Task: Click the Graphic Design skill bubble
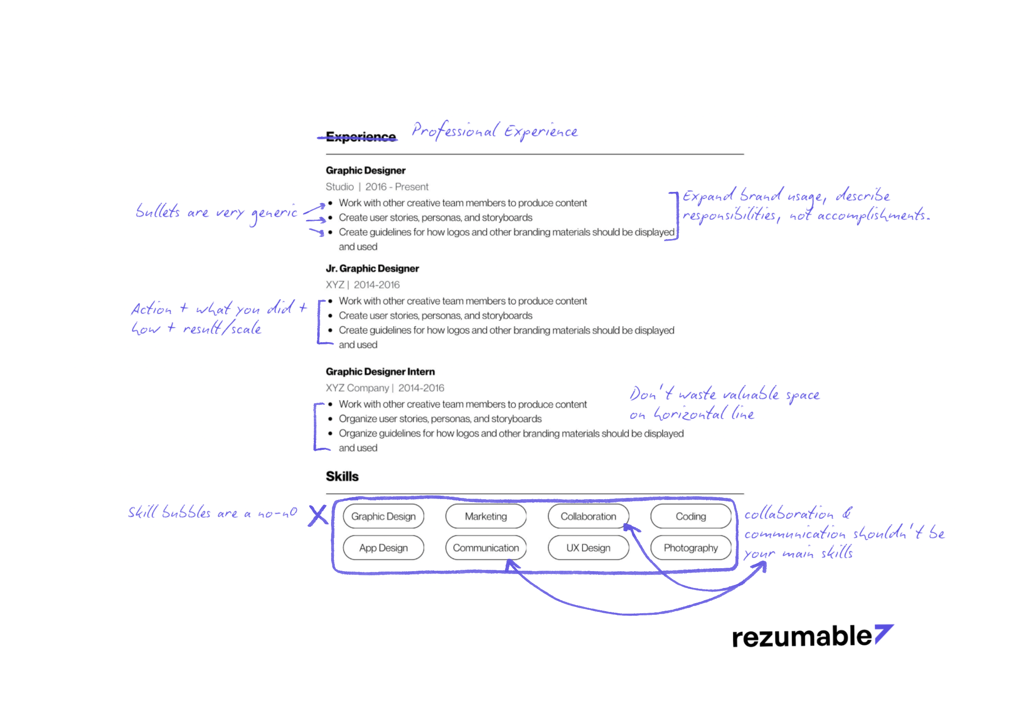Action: [x=383, y=516]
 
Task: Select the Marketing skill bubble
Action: [x=486, y=516]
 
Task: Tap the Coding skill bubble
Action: [x=691, y=516]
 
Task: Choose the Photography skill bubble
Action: [x=691, y=548]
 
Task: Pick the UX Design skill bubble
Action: [x=588, y=548]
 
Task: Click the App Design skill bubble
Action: [x=383, y=548]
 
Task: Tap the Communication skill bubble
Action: [x=486, y=548]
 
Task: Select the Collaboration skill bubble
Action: [x=588, y=516]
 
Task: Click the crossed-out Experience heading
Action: [x=361, y=137]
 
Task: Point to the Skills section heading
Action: [x=342, y=476]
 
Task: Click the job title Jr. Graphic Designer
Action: [x=372, y=269]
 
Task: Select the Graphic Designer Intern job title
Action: [x=380, y=372]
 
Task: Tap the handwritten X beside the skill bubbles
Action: [x=318, y=515]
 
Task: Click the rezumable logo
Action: [x=812, y=636]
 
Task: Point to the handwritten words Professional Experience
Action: [x=495, y=130]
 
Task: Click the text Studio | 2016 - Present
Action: [x=376, y=186]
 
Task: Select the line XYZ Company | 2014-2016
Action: [x=384, y=388]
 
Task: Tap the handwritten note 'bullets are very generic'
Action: [x=216, y=213]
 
